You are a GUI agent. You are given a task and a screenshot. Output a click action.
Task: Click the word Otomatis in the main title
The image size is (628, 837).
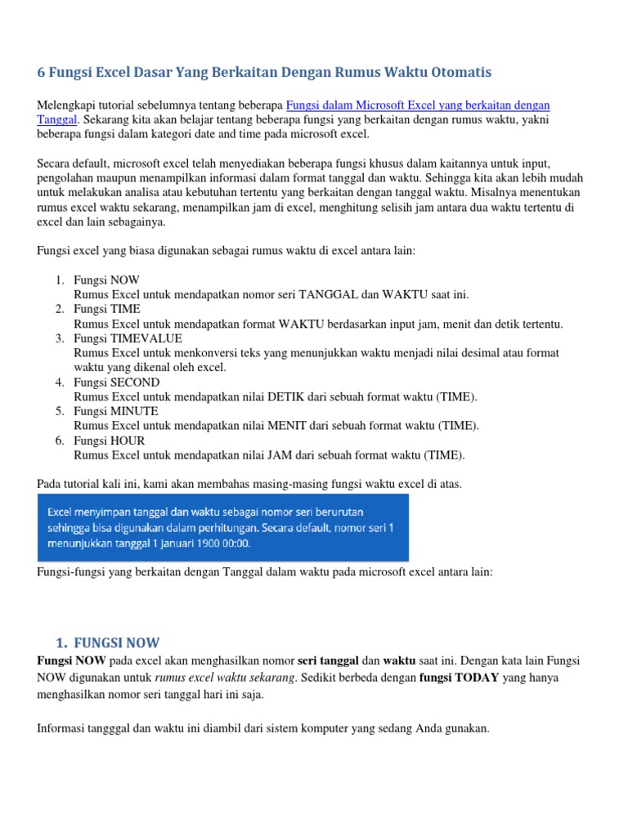click(462, 73)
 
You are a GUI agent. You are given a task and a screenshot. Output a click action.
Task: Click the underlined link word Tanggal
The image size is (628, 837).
click(56, 119)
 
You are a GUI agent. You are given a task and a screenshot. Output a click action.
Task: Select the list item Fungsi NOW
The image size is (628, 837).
click(106, 280)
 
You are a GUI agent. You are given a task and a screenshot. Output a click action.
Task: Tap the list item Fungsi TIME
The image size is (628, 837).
click(107, 309)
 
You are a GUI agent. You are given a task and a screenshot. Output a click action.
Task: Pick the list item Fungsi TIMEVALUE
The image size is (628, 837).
click(128, 338)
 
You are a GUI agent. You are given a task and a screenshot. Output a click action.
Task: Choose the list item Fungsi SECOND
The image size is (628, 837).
click(116, 383)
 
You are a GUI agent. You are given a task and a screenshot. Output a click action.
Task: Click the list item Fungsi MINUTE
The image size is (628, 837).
click(116, 411)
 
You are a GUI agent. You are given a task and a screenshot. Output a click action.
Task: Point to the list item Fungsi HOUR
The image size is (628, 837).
click(110, 441)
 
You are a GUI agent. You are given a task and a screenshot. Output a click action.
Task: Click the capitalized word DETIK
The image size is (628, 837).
click(284, 397)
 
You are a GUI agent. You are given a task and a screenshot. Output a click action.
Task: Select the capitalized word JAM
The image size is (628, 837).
click(279, 455)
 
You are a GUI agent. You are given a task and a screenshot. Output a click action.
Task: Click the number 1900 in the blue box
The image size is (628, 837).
click(205, 542)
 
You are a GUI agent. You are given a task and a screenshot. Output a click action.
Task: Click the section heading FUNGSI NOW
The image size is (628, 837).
click(116, 642)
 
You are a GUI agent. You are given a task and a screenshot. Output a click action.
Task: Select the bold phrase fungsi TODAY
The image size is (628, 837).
click(459, 678)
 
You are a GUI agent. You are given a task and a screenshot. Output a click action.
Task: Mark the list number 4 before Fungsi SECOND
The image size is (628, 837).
click(60, 383)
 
